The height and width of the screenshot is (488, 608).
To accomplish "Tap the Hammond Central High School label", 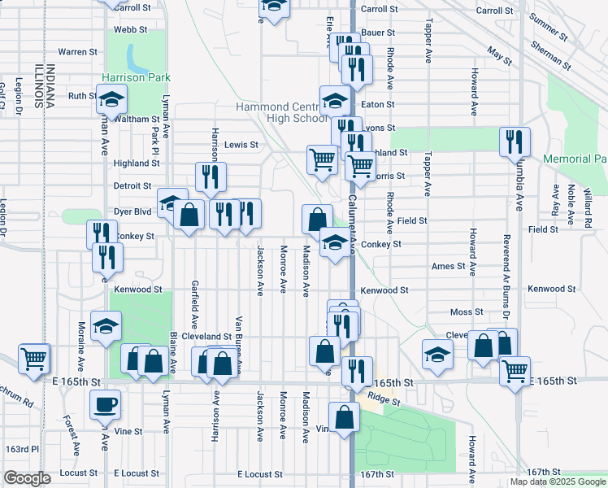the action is coord(282,112).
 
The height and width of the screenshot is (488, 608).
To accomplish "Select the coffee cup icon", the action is coord(106,404).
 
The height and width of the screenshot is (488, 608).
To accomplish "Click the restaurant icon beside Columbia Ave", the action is coord(514,142).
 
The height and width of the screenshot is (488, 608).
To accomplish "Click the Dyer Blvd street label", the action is coord(132,211).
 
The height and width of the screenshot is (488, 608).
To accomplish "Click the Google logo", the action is coord(27,478).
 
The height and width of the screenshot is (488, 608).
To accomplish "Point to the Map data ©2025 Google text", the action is coord(558,481).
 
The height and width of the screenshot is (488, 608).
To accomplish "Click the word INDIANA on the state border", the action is coord(50,85).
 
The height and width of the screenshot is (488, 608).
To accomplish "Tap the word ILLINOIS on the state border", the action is coord(37,85).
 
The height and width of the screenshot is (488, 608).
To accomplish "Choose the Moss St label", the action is coord(467,312).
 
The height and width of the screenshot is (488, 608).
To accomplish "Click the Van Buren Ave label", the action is coord(239,341).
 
